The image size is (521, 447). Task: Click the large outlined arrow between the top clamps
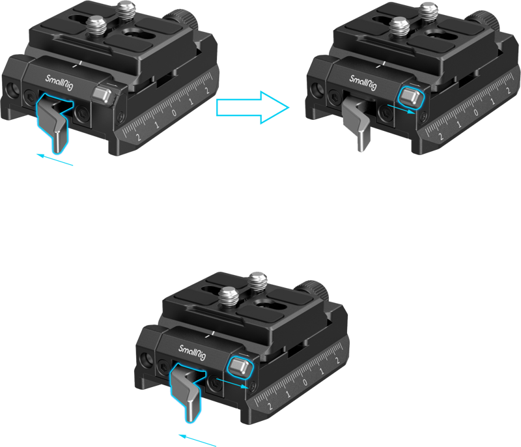pyautogui.click(x=253, y=108)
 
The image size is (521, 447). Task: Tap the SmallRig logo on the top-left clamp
pyautogui.click(x=59, y=83)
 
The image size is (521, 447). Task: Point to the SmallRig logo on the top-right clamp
pyautogui.click(x=363, y=82)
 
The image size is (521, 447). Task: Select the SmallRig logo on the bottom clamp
pyautogui.click(x=192, y=353)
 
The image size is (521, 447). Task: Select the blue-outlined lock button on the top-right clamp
pyautogui.click(x=411, y=98)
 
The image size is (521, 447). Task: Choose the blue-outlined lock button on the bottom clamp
pyautogui.click(x=240, y=368)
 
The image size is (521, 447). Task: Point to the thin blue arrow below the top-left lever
pyautogui.click(x=55, y=160)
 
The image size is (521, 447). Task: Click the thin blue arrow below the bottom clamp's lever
pyautogui.click(x=197, y=440)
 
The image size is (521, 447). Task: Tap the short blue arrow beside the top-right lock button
pyautogui.click(x=401, y=109)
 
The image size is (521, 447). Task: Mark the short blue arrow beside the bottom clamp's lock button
pyautogui.click(x=232, y=383)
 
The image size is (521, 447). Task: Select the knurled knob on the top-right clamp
pyautogui.click(x=484, y=21)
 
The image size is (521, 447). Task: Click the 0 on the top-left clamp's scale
pyautogui.click(x=174, y=112)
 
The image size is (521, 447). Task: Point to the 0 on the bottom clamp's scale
pyautogui.click(x=305, y=382)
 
